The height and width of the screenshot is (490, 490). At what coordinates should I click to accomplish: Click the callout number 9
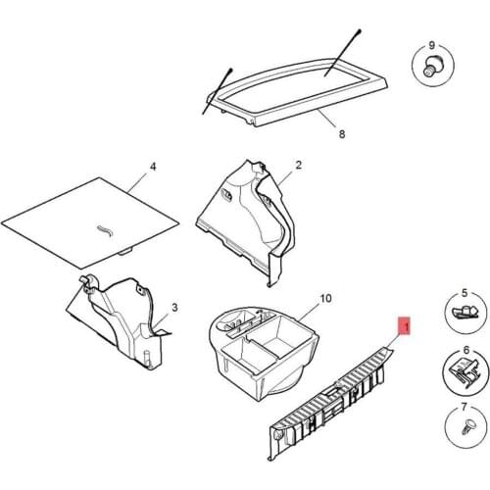click(x=432, y=45)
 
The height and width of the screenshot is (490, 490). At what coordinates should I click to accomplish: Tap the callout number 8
click(x=342, y=134)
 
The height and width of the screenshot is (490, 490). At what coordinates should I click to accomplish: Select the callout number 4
click(x=153, y=167)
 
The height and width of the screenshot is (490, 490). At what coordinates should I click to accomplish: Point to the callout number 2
click(x=299, y=165)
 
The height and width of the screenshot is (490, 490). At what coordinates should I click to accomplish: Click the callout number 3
click(x=174, y=308)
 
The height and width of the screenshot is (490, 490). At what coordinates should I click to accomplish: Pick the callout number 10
click(x=325, y=298)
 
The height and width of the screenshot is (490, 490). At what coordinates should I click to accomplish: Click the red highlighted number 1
click(x=405, y=325)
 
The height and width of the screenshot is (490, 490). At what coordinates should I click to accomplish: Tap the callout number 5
click(x=465, y=293)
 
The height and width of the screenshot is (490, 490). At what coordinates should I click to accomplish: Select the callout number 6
click(x=466, y=350)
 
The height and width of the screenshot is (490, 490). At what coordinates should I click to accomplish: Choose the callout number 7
click(x=465, y=407)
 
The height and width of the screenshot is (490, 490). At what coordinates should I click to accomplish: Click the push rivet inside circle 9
click(x=430, y=67)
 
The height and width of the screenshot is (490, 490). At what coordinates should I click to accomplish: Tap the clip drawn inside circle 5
click(x=465, y=312)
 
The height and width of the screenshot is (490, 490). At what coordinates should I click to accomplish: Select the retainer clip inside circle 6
click(x=464, y=370)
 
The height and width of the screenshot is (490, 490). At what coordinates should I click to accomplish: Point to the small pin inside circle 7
click(x=466, y=427)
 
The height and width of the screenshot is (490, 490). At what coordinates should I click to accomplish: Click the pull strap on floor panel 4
click(x=105, y=230)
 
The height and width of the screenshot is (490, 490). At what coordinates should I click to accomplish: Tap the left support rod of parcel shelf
click(x=217, y=91)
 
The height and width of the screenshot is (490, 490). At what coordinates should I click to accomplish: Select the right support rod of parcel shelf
click(x=343, y=53)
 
